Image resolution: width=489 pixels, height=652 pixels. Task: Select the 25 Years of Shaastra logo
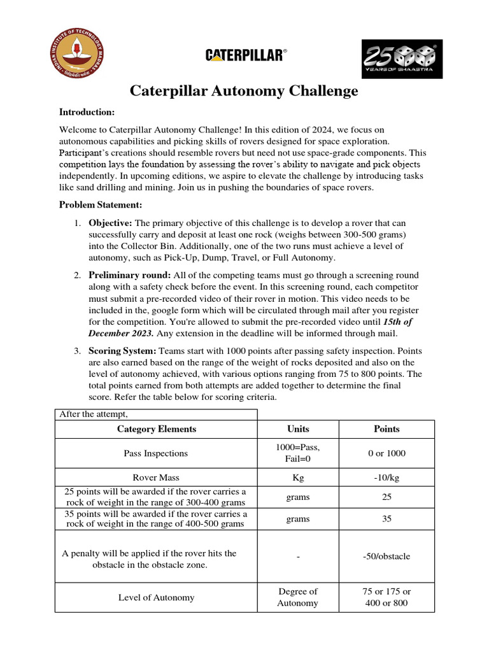click(402, 59)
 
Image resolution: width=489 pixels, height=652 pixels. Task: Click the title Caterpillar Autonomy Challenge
click(244, 91)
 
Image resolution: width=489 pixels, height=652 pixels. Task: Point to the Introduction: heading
click(87, 112)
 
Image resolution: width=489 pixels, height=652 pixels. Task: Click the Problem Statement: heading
click(101, 205)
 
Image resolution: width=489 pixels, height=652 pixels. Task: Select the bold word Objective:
click(110, 223)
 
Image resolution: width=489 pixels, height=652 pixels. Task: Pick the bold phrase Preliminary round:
click(130, 276)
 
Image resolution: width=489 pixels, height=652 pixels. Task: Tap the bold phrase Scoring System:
click(122, 351)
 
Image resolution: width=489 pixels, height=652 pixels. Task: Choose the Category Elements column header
click(156, 429)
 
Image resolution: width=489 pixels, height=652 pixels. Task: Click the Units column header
click(297, 429)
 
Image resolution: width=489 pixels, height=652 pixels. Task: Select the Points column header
click(386, 429)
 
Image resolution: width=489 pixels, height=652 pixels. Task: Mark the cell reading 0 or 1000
click(386, 453)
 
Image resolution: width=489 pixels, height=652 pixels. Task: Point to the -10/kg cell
click(386, 477)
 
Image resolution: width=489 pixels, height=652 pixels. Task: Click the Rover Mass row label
click(156, 477)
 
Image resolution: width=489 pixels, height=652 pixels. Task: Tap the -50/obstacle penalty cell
click(386, 556)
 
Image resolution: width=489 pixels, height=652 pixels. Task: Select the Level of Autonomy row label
click(156, 598)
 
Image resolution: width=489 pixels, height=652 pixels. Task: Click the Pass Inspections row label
click(156, 453)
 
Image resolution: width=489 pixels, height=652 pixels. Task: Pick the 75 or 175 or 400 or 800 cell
click(386, 597)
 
